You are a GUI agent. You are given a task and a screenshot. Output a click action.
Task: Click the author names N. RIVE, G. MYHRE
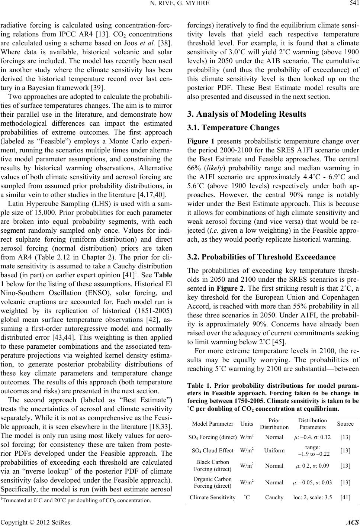180,4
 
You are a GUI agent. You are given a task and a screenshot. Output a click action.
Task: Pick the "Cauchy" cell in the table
274,497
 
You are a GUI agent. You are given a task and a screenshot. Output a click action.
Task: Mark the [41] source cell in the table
345,497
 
